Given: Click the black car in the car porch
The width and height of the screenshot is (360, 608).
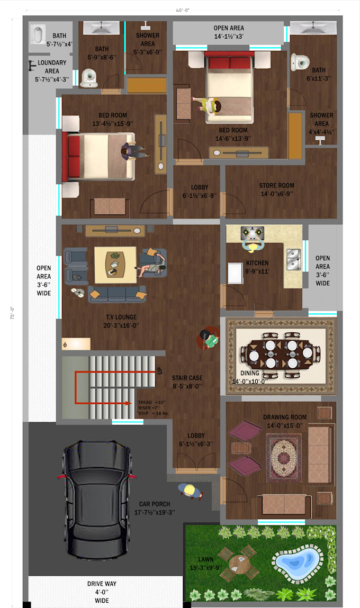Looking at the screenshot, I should point(96,501).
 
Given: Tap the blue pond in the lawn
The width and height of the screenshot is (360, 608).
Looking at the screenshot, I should point(298,559).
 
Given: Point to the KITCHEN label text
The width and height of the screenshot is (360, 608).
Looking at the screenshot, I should point(257,263).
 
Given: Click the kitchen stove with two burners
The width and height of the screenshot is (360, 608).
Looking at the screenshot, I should point(253,232).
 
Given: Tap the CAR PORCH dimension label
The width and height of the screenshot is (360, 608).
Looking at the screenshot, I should point(154,509).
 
